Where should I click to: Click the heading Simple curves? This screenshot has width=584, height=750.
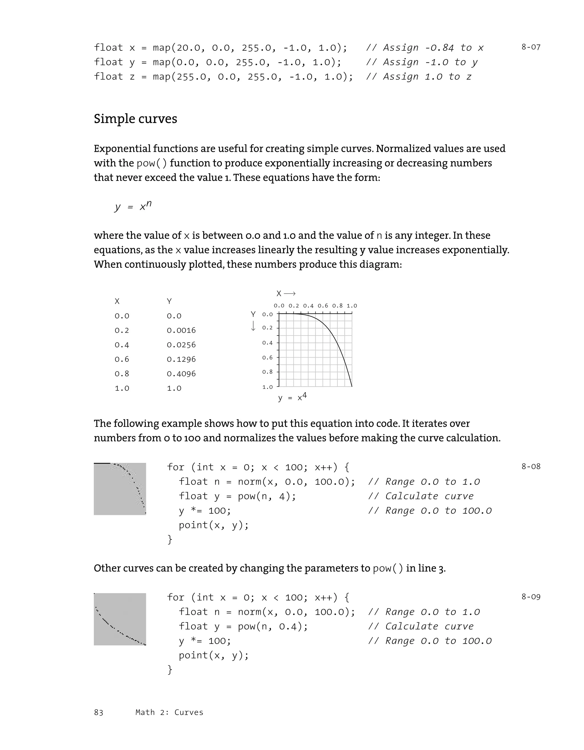pyautogui.click(x=135, y=119)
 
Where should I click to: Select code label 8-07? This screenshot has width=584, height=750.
pyautogui.click(x=531, y=47)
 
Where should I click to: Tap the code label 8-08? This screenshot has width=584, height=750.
pyautogui.click(x=531, y=466)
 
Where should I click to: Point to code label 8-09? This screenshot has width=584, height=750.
pyautogui.click(x=531, y=596)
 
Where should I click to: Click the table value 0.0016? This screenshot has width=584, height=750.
pyautogui.click(x=181, y=330)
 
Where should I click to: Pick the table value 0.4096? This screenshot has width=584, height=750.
pyautogui.click(x=181, y=374)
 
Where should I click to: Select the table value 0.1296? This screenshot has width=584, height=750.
pyautogui.click(x=181, y=359)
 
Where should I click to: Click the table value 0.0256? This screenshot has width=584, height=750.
pyautogui.click(x=181, y=345)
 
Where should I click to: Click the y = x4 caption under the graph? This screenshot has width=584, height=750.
pyautogui.click(x=292, y=397)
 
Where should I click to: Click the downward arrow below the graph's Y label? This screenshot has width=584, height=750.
pyautogui.click(x=253, y=326)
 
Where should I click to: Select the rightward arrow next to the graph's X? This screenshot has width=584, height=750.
pyautogui.click(x=290, y=294)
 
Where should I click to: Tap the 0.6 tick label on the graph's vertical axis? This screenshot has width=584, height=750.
pyautogui.click(x=267, y=357)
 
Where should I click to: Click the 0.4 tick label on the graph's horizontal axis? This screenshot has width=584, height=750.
pyautogui.click(x=308, y=306)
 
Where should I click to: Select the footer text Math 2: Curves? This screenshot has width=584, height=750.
pyautogui.click(x=169, y=712)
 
